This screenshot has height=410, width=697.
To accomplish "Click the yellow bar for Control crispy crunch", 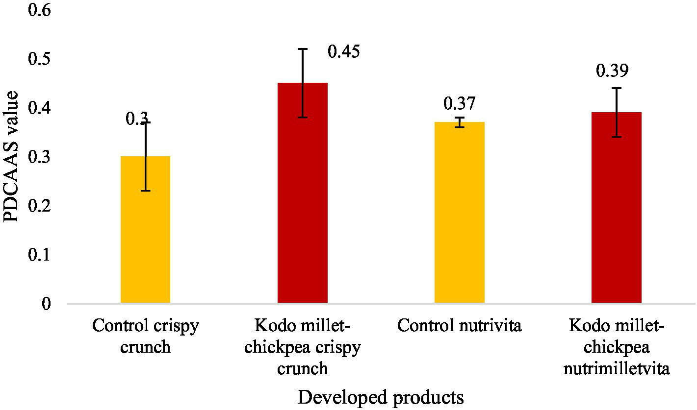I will [x=145, y=230].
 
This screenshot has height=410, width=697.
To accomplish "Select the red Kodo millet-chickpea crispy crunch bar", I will [x=303, y=193].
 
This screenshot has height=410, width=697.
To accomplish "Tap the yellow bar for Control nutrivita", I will [x=460, y=213].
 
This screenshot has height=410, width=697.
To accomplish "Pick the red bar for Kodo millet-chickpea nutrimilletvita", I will [x=617, y=208].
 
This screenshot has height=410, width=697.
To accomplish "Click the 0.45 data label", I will [x=343, y=51].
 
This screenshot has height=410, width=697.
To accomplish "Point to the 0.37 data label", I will [x=460, y=103].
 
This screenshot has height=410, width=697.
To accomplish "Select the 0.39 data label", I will [x=612, y=71].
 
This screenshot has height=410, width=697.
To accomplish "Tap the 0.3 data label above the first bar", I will [x=136, y=118].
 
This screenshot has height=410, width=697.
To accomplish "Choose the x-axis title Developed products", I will [x=381, y=398].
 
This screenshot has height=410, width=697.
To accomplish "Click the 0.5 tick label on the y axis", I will [x=40, y=59].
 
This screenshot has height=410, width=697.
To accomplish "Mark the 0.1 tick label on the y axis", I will [x=40, y=255].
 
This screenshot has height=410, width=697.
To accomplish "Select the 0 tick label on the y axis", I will [x=47, y=304].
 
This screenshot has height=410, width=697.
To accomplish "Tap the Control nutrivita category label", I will [x=460, y=326].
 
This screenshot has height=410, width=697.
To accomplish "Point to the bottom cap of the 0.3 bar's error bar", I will [x=145, y=191].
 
